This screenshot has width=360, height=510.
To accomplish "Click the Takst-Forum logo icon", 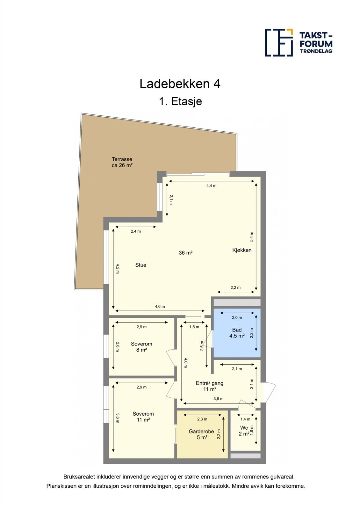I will coord(279,42).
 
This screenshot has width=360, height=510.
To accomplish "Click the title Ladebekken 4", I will coord(180,84).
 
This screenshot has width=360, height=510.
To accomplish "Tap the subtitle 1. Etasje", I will coord(180,101).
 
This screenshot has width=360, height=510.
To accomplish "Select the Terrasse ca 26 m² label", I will coord(122,162).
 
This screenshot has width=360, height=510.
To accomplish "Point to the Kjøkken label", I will coord(242,250).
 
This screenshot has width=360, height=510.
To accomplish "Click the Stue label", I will coord(141,265).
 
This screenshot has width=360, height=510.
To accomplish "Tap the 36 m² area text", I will coord(185,253).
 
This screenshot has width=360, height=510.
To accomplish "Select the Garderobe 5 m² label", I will coord(201,434).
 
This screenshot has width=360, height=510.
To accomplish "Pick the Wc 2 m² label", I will coord(244,431).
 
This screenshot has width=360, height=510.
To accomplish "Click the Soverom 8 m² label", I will coord(141,347).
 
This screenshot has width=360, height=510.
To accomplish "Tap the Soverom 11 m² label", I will coord(143,417).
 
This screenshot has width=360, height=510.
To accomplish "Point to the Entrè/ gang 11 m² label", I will coord(210,386).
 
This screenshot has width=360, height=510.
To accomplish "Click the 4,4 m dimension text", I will coord(212,186).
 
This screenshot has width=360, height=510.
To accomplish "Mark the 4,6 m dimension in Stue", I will coord(160,307).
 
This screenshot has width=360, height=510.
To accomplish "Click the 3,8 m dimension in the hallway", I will coord(219,399).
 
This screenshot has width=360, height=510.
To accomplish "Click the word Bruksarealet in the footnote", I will coord(78,477).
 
